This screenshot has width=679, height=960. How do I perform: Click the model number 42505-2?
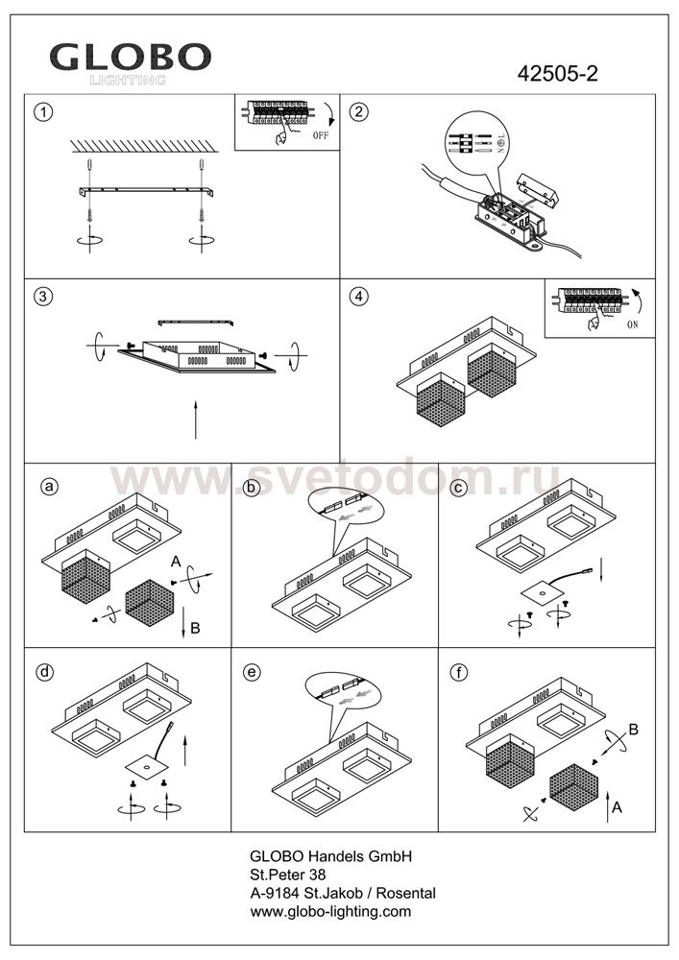(x=558, y=75)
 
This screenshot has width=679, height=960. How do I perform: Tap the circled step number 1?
(x=42, y=111)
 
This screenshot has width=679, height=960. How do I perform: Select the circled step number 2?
(x=358, y=111)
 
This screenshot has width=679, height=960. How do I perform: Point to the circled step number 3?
(x=42, y=296)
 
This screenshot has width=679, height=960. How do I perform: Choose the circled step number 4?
(x=358, y=296)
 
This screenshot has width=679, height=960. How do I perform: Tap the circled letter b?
(x=253, y=488)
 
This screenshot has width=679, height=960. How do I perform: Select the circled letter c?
(x=459, y=488)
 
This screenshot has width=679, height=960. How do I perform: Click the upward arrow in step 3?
(x=195, y=420)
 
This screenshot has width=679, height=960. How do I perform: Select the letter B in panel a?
(x=195, y=629)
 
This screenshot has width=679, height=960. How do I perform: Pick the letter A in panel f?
(x=617, y=808)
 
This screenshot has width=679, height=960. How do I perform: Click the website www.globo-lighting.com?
(x=330, y=911)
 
